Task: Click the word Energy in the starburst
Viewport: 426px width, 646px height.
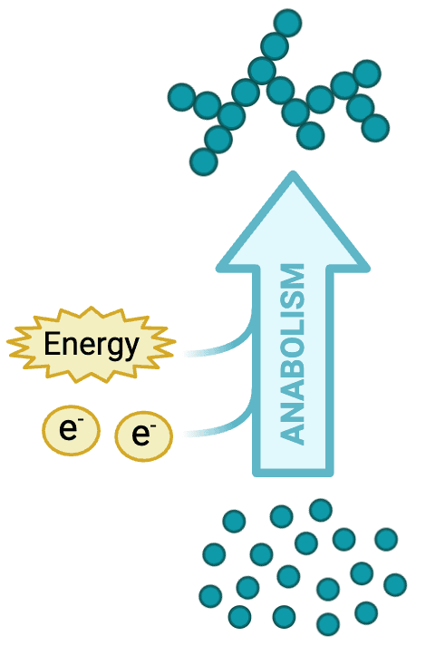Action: point(92,346)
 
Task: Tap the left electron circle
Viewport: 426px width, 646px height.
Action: point(71,430)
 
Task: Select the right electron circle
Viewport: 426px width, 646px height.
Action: point(143,436)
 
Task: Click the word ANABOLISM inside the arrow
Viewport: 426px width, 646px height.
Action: point(292,355)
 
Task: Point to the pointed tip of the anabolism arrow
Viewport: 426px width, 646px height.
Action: point(293,173)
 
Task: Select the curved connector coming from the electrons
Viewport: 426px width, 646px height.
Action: point(222,426)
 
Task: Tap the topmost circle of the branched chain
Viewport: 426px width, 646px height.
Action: point(287,23)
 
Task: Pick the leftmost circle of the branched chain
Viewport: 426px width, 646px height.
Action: point(181,97)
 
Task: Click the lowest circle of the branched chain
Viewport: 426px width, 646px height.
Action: point(203,161)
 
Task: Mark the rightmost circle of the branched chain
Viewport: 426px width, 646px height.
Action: point(375,128)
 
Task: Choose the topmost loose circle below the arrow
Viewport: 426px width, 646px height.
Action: point(321,510)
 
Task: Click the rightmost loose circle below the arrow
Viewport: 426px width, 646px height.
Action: point(395,584)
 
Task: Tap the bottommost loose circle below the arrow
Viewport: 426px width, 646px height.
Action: point(328,624)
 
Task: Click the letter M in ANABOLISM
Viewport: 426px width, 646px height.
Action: point(292,277)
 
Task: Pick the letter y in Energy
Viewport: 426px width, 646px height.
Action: point(131,349)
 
